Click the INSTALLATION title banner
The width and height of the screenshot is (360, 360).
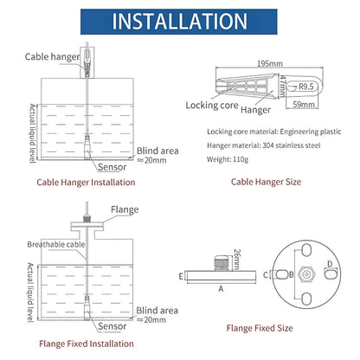(179, 21)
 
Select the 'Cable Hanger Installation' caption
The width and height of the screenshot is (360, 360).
(85, 183)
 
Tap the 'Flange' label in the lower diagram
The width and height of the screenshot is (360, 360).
(123, 209)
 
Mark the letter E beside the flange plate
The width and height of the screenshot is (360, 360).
(181, 276)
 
